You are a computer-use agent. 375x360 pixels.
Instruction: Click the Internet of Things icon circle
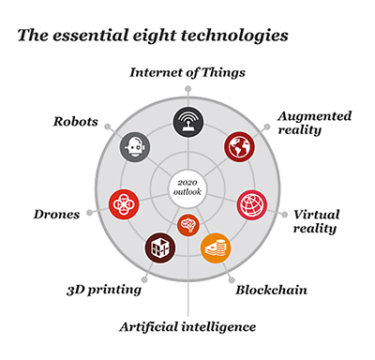click(187, 121)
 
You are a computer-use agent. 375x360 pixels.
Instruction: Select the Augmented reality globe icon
click(239, 146)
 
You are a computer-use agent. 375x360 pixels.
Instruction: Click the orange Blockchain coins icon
click(216, 247)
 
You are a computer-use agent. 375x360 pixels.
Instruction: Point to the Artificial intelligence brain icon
click(187, 225)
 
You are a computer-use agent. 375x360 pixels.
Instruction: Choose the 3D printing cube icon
click(158, 247)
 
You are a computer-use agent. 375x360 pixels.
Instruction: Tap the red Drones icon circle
click(124, 202)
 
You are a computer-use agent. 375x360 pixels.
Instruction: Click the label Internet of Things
click(187, 72)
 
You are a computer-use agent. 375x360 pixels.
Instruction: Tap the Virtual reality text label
click(316, 221)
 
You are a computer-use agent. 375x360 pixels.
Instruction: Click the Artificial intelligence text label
click(188, 326)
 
